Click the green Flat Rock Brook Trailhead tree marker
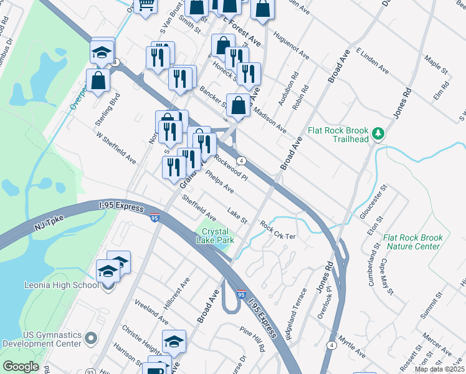[x=377, y=133]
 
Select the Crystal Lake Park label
[x=217, y=235]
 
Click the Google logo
[x=21, y=367]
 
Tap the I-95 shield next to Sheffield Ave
[x=155, y=217]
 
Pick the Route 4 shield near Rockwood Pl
[x=241, y=160]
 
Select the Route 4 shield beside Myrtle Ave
[x=332, y=345]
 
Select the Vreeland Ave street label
[x=151, y=310]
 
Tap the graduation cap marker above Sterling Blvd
[x=102, y=52]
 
